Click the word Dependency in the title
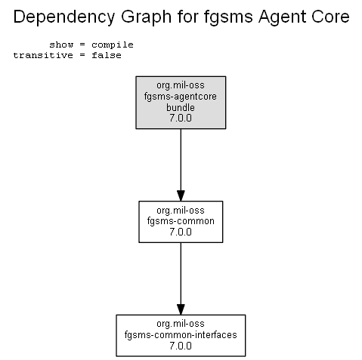(x=64, y=17)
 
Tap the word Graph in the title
(x=147, y=17)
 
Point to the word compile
(x=113, y=45)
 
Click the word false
(x=107, y=55)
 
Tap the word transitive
(x=43, y=55)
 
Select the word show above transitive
(x=61, y=45)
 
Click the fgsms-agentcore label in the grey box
(x=181, y=97)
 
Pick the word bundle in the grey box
(x=181, y=107)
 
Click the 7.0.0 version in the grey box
(x=181, y=118)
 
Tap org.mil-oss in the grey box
(x=181, y=85)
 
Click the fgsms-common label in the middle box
(x=181, y=221)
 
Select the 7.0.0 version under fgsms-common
(x=181, y=232)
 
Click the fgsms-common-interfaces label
(x=181, y=335)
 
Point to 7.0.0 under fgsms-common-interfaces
(x=181, y=346)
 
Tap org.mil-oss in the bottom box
(x=181, y=324)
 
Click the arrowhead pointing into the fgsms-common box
(x=181, y=195)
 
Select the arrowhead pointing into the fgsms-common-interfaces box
(x=181, y=309)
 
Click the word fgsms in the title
(x=228, y=17)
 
